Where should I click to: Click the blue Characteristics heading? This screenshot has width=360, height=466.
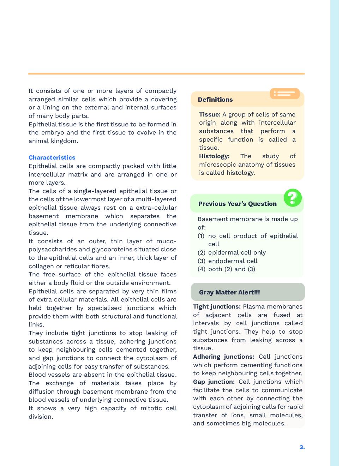coord(52,157)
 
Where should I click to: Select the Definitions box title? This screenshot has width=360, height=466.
coord(215,100)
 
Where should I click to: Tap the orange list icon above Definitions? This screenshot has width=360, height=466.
coord(284,94)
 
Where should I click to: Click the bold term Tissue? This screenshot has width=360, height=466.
coord(210,114)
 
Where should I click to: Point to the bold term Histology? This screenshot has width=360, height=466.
coord(214,156)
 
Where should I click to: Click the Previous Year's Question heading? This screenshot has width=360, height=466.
coord(237,204)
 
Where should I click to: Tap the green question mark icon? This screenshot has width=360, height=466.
coord(293,198)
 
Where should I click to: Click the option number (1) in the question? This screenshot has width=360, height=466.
coord(201,236)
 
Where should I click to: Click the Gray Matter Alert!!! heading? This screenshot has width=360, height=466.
coord(229,292)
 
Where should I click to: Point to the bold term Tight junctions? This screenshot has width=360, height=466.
coord(217,306)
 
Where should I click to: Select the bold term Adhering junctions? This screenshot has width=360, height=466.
coord(223,357)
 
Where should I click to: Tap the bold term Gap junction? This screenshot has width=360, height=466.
coord(214,382)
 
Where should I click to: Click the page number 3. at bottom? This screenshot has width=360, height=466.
coord(302,447)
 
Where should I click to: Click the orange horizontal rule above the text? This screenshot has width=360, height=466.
coord(166,74)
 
